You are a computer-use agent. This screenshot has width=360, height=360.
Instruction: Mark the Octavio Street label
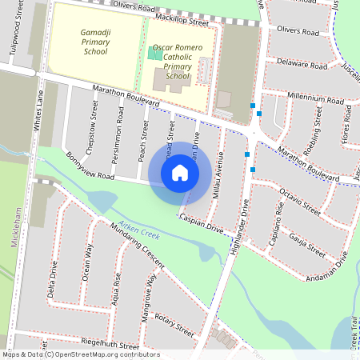click(x=300, y=201)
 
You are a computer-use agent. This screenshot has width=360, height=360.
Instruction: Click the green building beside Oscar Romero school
click(x=154, y=54)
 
